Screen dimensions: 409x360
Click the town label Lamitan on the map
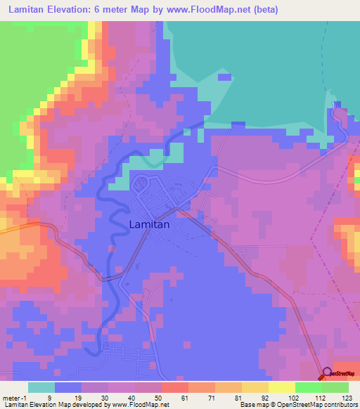(154, 225)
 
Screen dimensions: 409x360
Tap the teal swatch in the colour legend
(41, 387)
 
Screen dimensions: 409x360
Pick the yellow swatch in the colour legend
(281, 387)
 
